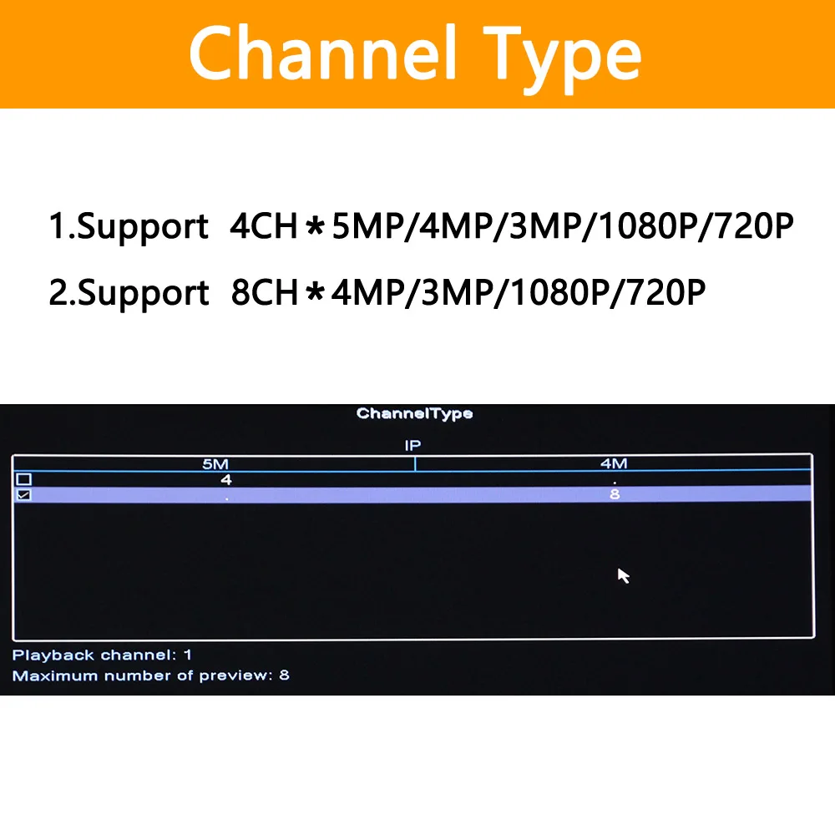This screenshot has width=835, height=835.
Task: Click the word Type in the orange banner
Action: (556, 55)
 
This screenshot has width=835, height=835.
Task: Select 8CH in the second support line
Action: (265, 293)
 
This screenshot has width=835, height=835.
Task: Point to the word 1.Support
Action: (129, 227)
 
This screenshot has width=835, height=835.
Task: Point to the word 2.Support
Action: (129, 294)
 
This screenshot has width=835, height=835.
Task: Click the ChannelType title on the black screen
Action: (414, 413)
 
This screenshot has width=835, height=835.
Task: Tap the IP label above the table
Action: (412, 446)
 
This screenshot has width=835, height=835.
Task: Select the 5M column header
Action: (215, 463)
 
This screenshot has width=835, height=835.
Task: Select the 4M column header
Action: (614, 463)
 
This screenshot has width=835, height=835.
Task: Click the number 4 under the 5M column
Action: (226, 479)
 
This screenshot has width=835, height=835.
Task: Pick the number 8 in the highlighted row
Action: (615, 494)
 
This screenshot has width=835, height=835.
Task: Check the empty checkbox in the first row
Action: (24, 480)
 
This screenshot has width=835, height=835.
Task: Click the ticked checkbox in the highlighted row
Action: (24, 495)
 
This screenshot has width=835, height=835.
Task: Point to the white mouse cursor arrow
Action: (623, 575)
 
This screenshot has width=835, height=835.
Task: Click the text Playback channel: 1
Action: (102, 655)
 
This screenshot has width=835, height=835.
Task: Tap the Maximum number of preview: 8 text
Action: (150, 676)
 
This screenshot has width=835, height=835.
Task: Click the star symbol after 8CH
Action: (316, 294)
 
